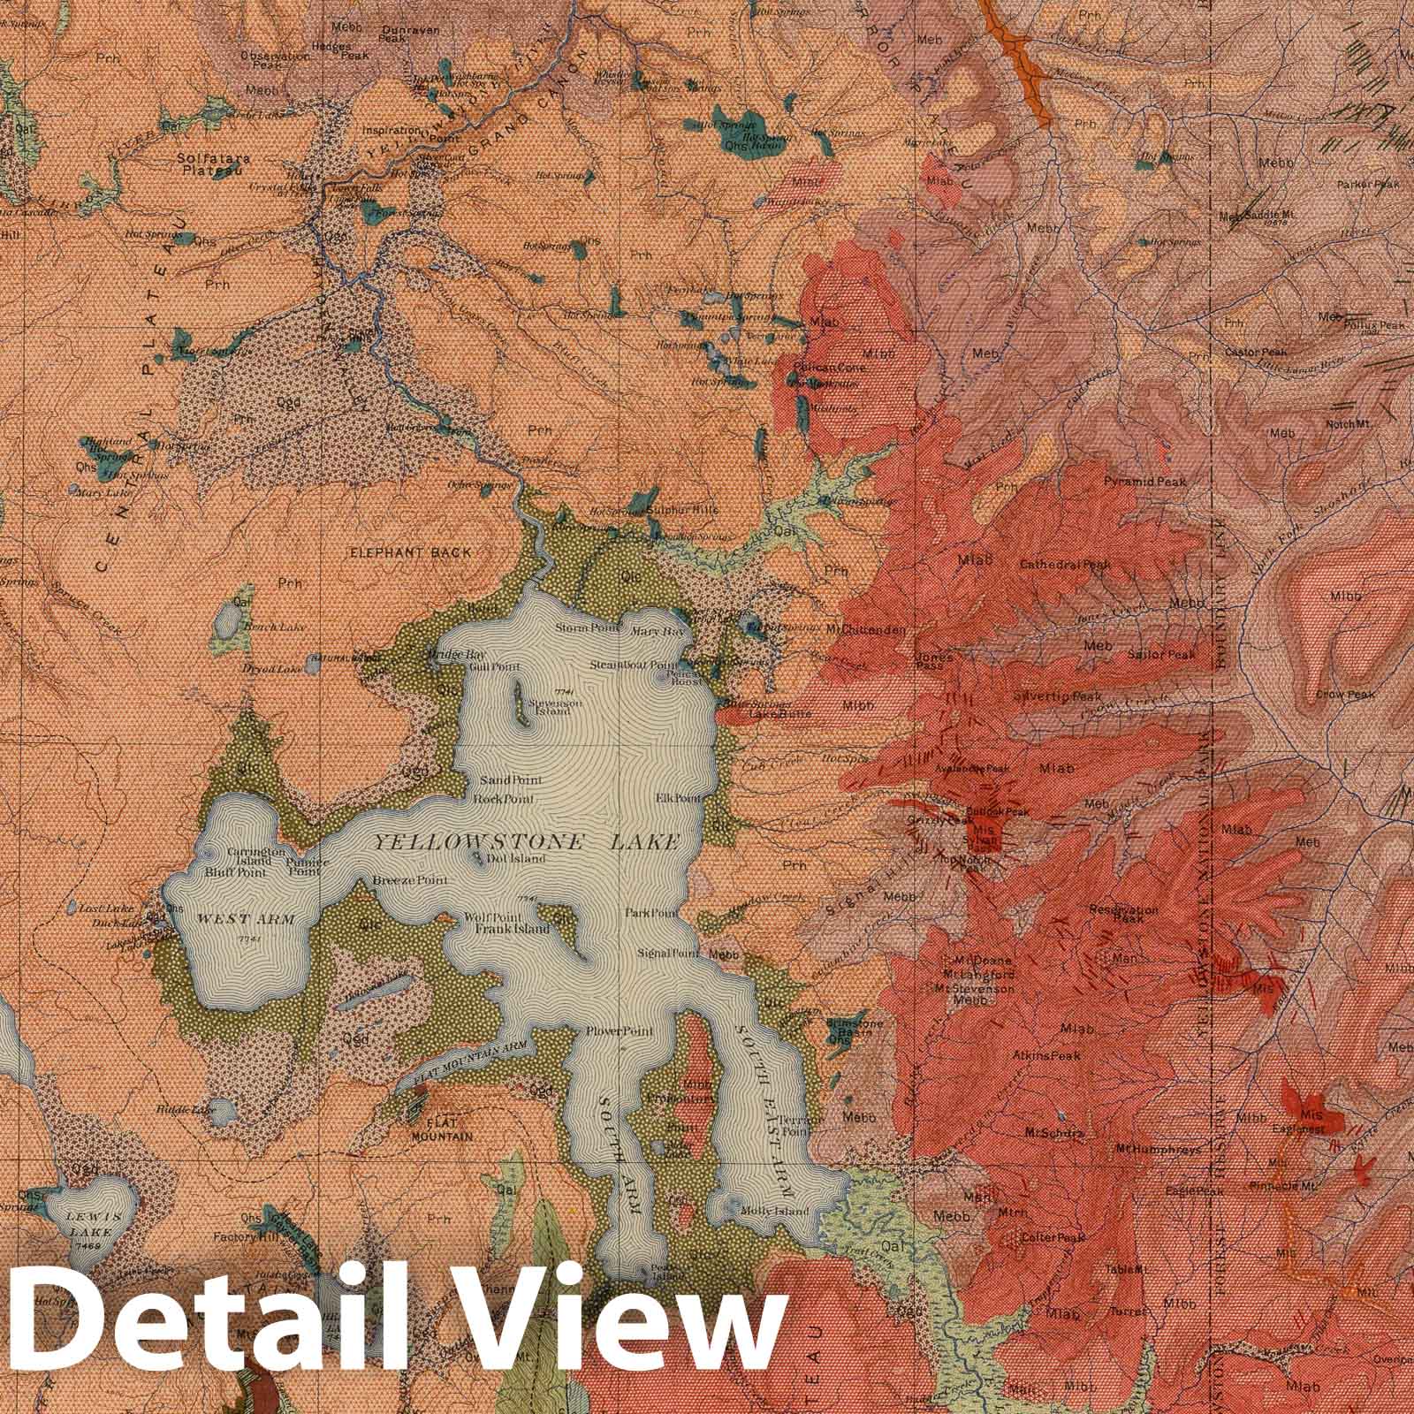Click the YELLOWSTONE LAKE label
[x=526, y=842]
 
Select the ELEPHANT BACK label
[x=411, y=552]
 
